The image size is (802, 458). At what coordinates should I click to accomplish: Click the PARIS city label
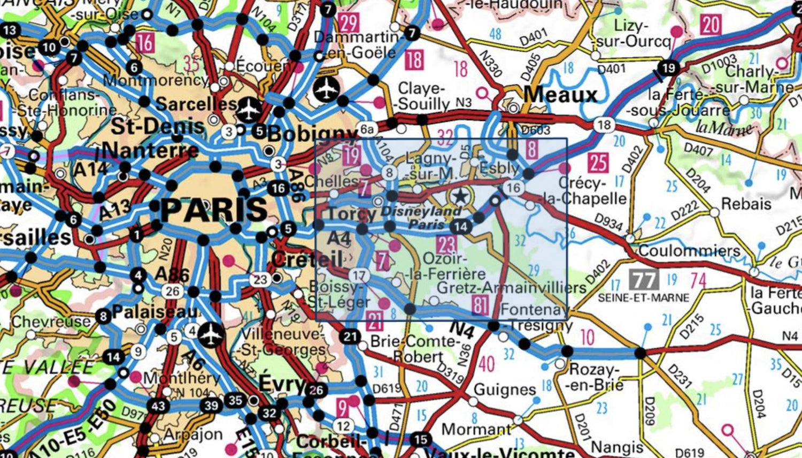pos(214,209)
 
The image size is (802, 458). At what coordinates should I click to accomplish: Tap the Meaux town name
pos(560,95)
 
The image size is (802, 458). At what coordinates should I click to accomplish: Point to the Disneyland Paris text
pos(421,217)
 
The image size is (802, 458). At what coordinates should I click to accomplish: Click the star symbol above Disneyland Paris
pos(459,196)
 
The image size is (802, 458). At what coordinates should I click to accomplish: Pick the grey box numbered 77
pos(644,279)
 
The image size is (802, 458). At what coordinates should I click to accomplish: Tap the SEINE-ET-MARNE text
pos(643,297)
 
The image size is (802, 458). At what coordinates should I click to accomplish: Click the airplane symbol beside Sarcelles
pos(249,109)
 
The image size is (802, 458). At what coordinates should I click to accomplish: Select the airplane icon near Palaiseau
pos(212,334)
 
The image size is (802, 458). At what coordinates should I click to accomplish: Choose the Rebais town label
pos(746,204)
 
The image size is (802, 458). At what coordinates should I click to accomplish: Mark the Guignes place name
pos(504,390)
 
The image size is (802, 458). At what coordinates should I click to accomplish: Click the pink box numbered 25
pos(598,163)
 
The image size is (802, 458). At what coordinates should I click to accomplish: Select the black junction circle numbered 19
pos(668,68)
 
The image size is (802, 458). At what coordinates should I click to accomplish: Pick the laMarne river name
pos(723,128)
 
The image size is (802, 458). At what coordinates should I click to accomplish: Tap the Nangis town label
pos(617,446)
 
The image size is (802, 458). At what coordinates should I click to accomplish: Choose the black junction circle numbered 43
pos(158,406)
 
